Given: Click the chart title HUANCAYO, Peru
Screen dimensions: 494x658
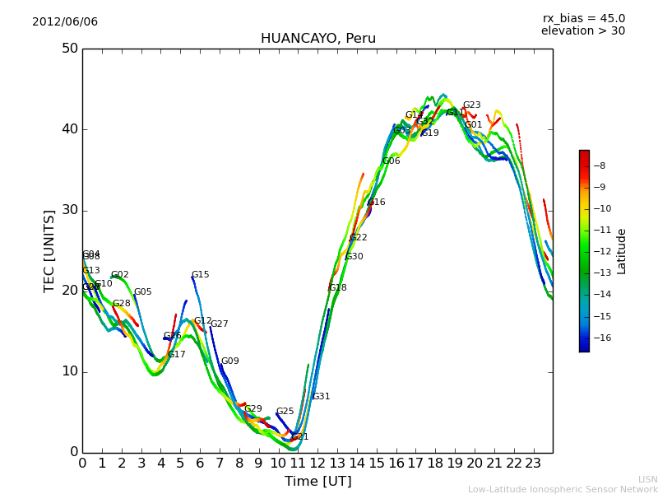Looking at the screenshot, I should [317, 39].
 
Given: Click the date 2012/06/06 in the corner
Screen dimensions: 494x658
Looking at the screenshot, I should [65, 22].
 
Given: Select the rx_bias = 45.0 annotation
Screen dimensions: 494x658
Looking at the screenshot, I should [583, 19].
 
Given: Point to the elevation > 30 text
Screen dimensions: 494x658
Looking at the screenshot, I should [582, 31].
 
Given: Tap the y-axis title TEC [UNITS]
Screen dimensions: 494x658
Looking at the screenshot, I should [50, 250].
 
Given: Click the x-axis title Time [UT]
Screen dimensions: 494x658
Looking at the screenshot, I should [317, 482].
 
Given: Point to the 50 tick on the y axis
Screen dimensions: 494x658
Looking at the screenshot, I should [69, 49].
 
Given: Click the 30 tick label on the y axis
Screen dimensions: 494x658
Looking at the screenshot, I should [69, 210].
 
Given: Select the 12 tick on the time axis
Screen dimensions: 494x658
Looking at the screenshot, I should [317, 464].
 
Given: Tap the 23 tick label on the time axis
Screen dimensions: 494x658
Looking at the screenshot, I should [533, 464].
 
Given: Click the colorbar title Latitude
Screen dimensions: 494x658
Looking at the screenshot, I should [622, 251].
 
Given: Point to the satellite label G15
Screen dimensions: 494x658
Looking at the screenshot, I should [200, 275].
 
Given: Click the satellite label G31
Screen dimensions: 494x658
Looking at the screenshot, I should [321, 397].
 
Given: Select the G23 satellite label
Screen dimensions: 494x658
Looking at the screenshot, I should [471, 105].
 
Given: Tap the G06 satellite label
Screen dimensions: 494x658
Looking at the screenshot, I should [391, 161].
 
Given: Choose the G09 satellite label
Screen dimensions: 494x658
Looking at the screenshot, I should [229, 361].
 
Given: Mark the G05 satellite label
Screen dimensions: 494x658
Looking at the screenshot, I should [142, 292].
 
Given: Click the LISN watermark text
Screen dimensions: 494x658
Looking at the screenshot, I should [647, 479].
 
